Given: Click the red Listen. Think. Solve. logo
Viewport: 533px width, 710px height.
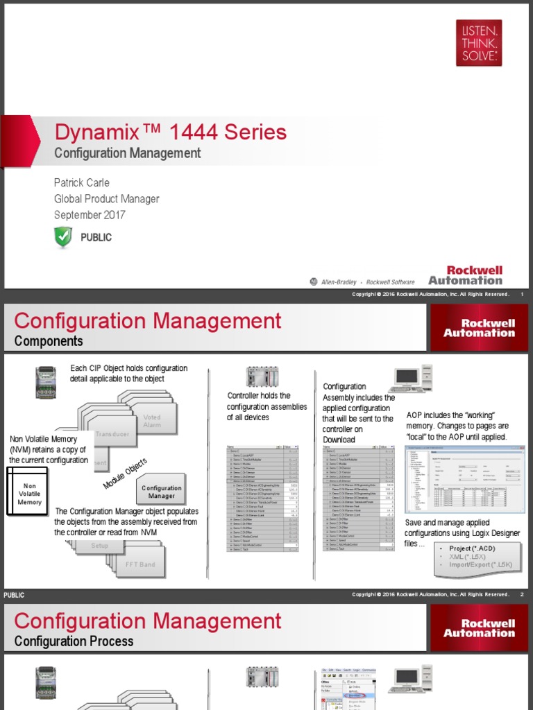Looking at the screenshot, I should pos(478,42).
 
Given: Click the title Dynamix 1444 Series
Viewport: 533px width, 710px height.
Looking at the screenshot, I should pos(170,132).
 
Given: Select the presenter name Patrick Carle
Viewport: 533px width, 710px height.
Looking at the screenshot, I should pos(82,182).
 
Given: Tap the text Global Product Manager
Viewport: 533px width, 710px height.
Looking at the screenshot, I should pos(106,199).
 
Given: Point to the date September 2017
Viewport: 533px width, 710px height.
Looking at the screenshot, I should pos(90,215).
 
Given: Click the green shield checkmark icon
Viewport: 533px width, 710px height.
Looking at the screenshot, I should pos(63,237).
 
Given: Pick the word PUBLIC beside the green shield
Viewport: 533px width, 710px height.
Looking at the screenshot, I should pos(96,237).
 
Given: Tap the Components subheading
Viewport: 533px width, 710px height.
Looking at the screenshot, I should pos(49,341).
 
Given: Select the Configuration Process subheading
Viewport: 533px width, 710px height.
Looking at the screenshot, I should pos(74,641).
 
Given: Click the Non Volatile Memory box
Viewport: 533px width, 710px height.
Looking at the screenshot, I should pos(29,494).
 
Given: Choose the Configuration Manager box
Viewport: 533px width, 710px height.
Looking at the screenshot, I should pos(162,492).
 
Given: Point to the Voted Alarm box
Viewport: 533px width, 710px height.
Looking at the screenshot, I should pos(152,421).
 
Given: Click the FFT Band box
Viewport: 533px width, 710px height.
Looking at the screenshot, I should pos(140,564).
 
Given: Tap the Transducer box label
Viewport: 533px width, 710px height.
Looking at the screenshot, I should pos(112,434).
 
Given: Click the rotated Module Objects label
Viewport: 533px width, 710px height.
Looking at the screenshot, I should pos(125,473).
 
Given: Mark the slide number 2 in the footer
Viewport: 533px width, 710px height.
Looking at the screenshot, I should pos(521,595).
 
